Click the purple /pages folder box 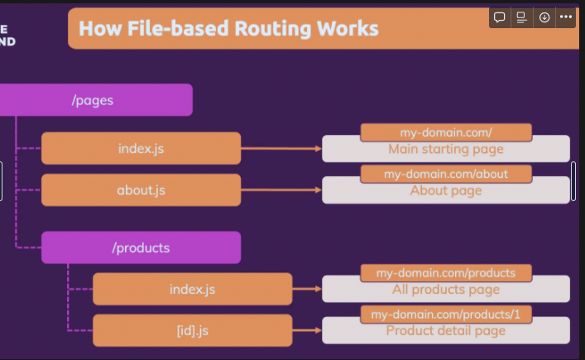(95, 100)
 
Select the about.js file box (141, 190)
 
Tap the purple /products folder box (141, 247)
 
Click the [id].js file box (192, 330)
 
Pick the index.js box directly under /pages (141, 149)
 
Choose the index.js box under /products (192, 289)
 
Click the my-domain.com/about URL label (445, 174)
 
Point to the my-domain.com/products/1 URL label (445, 314)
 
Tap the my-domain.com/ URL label (445, 132)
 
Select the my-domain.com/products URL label (445, 273)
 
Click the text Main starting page (445, 150)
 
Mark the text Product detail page (445, 331)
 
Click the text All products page (445, 290)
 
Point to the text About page (445, 190)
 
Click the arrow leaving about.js (281, 190)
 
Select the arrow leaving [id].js (307, 330)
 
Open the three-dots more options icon (566, 17)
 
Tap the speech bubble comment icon (500, 17)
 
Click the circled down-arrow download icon (544, 17)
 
